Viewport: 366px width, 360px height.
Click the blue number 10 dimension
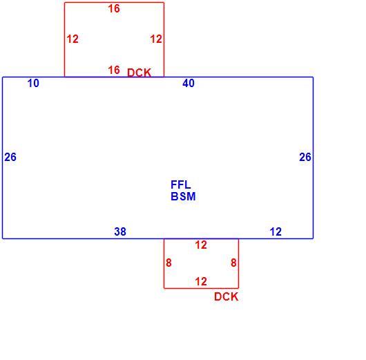point(33,83)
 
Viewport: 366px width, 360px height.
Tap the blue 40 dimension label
point(189,83)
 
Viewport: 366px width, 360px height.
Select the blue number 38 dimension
point(120,231)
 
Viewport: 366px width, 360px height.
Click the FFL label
point(181,184)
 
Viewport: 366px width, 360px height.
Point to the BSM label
point(183,196)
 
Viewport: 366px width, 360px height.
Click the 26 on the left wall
point(10,157)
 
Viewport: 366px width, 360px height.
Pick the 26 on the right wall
point(305,157)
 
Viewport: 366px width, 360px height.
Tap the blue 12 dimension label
point(276,231)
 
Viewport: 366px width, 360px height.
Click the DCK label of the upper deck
point(139,73)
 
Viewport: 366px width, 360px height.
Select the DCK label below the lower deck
point(227,296)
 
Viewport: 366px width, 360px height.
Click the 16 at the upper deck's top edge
point(114,9)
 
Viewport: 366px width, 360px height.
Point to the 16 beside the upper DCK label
point(114,70)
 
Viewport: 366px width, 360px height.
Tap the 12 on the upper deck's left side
point(73,39)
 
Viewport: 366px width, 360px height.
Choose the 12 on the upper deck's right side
point(156,39)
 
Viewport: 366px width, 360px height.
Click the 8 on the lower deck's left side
point(168,263)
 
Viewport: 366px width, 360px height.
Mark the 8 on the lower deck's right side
point(233,263)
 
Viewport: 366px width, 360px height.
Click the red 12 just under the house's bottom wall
point(201,245)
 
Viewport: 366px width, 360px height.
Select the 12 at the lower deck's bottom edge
point(201,281)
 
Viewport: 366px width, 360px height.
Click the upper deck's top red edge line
point(114,3)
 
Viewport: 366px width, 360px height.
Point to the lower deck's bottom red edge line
point(201,288)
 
